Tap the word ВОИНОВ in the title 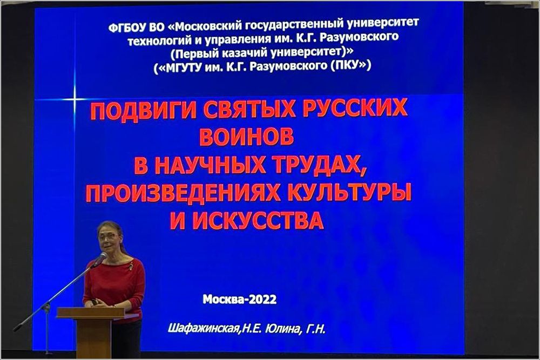(247, 137)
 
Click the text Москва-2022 (239, 299)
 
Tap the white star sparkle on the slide (75, 99)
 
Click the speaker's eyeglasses (108, 236)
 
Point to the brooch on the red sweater (131, 266)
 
